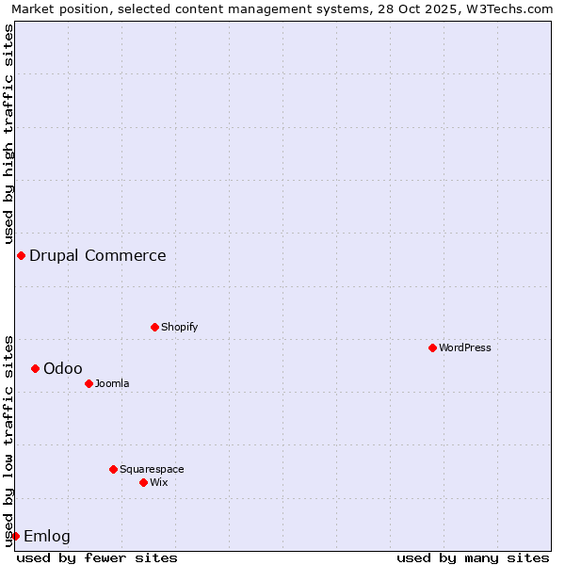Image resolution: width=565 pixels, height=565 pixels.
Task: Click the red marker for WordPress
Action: click(x=432, y=347)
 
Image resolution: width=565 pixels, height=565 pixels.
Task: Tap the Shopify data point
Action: click(x=154, y=327)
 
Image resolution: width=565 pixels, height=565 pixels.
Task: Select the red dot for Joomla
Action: click(x=89, y=383)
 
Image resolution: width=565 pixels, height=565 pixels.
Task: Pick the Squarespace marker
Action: click(x=113, y=469)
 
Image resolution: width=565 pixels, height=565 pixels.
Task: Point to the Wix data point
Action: click(x=143, y=482)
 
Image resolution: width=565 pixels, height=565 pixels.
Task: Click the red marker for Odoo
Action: click(x=35, y=368)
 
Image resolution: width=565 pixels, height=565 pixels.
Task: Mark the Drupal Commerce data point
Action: click(x=21, y=255)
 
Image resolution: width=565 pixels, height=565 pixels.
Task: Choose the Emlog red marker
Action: click(x=15, y=536)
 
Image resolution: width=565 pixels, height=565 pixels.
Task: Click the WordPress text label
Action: click(x=465, y=347)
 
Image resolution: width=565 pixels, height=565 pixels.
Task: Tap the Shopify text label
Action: click(x=180, y=327)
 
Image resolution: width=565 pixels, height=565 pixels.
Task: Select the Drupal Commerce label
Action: click(x=98, y=255)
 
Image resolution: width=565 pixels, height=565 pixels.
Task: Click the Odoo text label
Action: click(x=63, y=368)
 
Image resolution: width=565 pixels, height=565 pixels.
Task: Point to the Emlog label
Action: click(x=47, y=536)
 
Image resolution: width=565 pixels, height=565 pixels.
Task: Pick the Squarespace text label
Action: click(x=152, y=469)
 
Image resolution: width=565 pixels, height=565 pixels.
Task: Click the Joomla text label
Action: click(x=112, y=383)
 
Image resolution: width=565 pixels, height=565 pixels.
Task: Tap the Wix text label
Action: click(x=159, y=482)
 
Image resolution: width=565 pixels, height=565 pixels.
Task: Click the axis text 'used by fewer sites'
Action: click(x=97, y=557)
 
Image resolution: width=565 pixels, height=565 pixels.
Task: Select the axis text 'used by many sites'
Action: click(x=473, y=557)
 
